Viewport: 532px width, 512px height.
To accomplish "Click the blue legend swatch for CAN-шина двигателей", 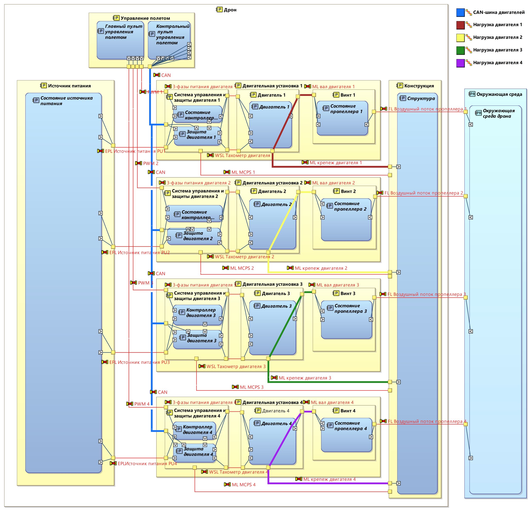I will click(x=460, y=13).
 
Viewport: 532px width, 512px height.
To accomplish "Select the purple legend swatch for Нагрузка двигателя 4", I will click(x=460, y=63).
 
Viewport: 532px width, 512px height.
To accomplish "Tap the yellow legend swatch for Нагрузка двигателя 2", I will click(x=460, y=38).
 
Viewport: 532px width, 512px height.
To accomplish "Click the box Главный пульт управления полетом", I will click(x=120, y=41).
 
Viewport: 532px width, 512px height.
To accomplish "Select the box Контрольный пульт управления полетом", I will click(x=169, y=41).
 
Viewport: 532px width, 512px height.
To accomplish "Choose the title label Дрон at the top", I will click(x=230, y=10).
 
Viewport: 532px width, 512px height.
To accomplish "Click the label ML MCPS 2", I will click(x=242, y=268).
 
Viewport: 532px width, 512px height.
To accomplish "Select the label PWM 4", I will click(x=142, y=404).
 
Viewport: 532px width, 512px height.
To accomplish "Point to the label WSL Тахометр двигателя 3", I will click(x=236, y=366).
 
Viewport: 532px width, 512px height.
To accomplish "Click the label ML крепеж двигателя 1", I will click(x=336, y=163).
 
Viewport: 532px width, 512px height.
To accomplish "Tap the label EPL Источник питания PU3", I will click(x=139, y=362).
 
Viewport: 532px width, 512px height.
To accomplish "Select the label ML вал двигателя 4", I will click(x=332, y=403).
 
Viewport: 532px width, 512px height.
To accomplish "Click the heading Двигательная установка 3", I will click(x=272, y=284).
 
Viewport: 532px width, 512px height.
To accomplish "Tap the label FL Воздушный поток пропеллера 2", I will click(x=423, y=193).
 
